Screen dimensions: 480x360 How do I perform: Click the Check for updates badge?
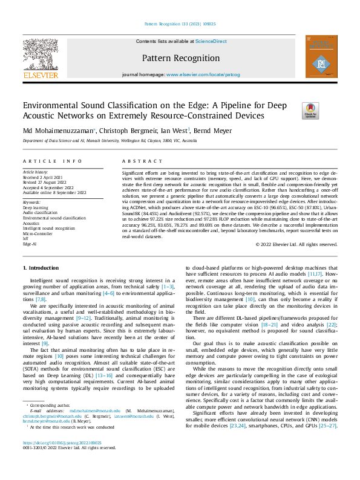310,109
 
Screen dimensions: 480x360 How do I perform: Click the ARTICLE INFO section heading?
52,161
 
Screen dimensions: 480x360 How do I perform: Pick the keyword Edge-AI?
30,244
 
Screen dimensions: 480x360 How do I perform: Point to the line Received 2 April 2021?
44,178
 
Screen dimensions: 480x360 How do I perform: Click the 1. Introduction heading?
41,267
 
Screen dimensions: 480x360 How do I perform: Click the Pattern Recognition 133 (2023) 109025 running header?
179,24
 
